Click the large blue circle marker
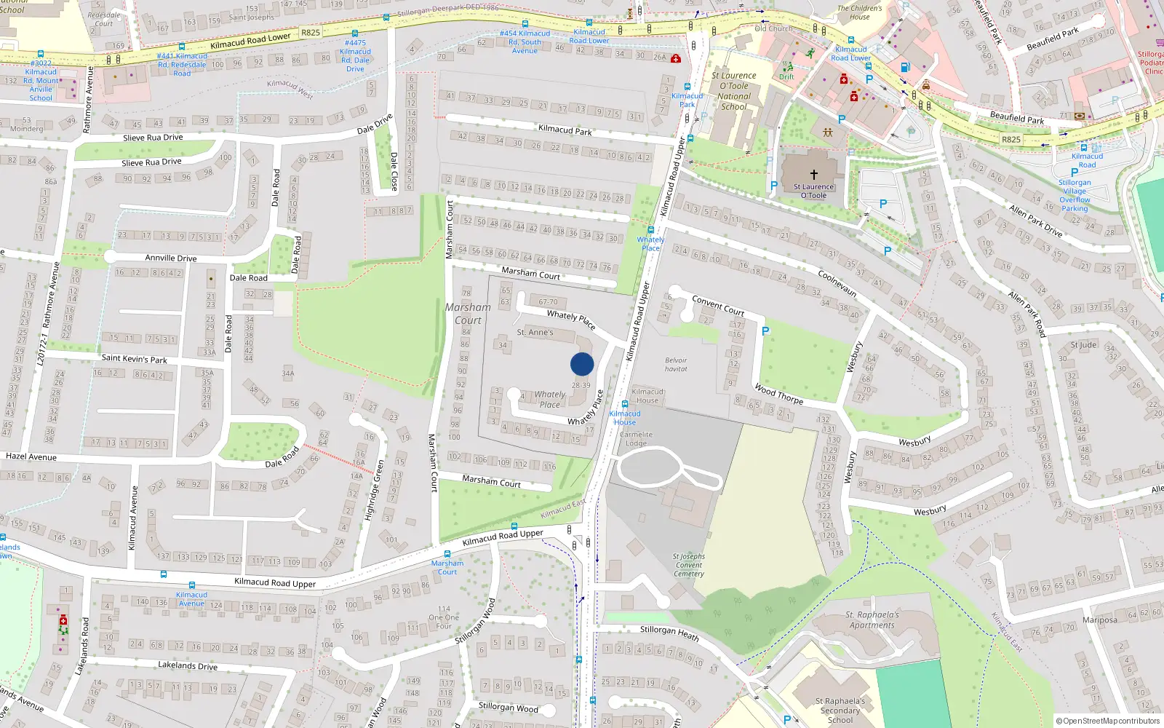click(582, 364)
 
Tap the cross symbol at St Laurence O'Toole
click(814, 175)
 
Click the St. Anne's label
click(535, 333)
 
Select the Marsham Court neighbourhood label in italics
click(468, 314)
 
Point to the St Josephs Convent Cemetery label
click(688, 565)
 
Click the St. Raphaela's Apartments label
click(872, 620)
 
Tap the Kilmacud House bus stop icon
click(624, 404)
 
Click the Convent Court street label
click(717, 306)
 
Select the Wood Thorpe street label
click(778, 394)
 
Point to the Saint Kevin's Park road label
click(135, 359)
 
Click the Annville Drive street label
click(171, 258)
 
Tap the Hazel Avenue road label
click(31, 457)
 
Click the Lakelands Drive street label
click(188, 665)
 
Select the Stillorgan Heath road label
click(669, 633)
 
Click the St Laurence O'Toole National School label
click(733, 91)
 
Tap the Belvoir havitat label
click(676, 365)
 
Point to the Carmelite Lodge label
click(636, 439)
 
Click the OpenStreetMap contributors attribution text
click(1108, 721)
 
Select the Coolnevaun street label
click(837, 283)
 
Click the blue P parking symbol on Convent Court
click(765, 331)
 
